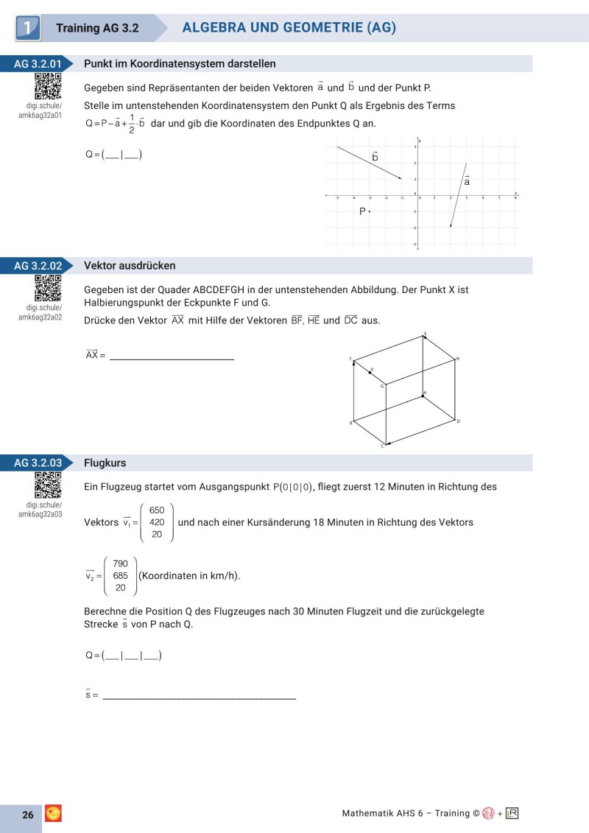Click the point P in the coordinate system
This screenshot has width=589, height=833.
click(370, 211)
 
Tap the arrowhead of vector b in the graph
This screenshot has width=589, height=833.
click(401, 178)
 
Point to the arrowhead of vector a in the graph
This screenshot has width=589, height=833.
click(451, 227)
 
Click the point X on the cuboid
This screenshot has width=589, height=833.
click(370, 373)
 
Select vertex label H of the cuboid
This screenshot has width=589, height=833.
click(457, 359)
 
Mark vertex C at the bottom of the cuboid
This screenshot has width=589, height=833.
click(383, 446)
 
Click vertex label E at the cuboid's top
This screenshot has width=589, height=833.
click(425, 334)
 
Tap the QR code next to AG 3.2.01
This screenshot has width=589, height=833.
click(48, 86)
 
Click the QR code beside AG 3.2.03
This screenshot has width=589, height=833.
click(48, 485)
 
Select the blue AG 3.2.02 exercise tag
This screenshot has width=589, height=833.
click(37, 266)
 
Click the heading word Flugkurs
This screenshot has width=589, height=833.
click(105, 463)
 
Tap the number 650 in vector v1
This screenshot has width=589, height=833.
click(157, 510)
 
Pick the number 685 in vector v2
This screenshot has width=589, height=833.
click(121, 575)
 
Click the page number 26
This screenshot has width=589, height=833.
click(28, 815)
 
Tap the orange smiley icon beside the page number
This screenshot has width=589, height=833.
click(54, 813)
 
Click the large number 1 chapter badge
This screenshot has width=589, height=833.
click(27, 29)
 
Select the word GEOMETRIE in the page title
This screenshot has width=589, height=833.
click(322, 28)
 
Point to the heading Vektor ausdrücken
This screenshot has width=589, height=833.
click(130, 266)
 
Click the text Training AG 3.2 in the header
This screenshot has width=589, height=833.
click(99, 29)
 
